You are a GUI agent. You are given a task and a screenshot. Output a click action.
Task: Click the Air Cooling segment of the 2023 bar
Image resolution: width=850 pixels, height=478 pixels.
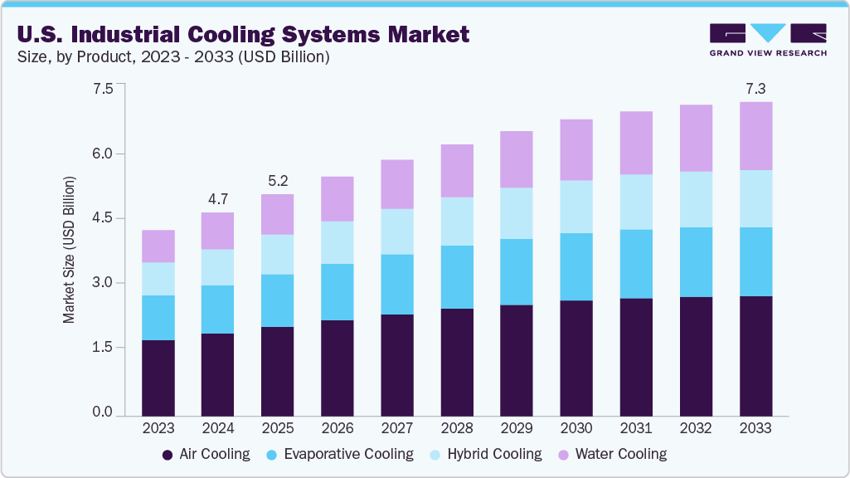158,378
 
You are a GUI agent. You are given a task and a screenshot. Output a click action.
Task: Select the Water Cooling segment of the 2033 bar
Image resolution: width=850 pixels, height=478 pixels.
755,136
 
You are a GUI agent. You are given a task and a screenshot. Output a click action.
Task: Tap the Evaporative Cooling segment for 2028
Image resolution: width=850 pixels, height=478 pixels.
457,277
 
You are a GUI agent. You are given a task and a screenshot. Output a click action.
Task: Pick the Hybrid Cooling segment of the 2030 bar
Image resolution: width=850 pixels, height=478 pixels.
576,207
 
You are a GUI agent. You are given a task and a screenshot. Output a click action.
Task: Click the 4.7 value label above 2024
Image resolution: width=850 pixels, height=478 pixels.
218,199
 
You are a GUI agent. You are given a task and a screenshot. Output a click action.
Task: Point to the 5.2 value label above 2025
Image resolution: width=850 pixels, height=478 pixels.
278,181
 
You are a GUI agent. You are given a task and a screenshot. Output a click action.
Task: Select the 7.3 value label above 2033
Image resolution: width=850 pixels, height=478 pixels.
755,89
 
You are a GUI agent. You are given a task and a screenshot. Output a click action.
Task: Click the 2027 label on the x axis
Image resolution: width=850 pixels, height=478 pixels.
397,429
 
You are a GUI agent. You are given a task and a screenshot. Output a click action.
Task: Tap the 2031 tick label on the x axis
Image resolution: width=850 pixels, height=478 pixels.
636,429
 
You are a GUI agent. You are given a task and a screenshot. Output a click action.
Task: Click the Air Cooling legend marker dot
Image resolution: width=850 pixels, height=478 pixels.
168,455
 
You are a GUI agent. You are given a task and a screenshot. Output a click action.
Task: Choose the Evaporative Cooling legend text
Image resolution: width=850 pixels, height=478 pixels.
348,454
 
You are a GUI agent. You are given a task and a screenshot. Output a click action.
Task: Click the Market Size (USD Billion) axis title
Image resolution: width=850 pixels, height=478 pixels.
70,250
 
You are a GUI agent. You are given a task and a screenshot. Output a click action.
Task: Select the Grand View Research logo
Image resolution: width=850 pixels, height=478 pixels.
767,39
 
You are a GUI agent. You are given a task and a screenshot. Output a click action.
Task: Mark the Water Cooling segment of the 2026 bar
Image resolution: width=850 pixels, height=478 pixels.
338,199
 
